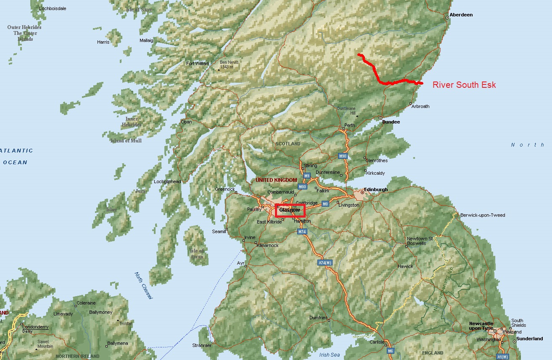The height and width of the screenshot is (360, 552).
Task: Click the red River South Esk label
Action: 464,85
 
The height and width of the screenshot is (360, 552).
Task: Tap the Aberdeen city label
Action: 461,15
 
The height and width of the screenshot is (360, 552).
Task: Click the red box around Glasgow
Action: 290,210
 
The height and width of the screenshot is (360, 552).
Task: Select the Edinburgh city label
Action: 376,190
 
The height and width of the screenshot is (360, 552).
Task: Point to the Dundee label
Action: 391,122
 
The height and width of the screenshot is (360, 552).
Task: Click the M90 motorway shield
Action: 343,156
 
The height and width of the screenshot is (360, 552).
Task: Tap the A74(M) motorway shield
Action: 325,263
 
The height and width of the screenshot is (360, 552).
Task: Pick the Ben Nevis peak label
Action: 229,65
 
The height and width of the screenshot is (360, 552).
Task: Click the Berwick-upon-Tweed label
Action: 483,215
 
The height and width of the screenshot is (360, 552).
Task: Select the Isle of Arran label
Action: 197,254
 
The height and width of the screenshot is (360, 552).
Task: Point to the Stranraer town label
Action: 202,345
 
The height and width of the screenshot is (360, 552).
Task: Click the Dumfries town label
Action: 318,318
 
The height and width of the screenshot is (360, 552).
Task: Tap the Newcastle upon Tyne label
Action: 481,326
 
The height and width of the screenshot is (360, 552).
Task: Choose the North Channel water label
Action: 143,286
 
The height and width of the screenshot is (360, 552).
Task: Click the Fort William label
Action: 197,64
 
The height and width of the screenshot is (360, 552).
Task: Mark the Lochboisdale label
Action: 52,8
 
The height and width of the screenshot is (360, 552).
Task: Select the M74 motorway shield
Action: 302,231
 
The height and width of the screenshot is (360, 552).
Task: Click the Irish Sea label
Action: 329,355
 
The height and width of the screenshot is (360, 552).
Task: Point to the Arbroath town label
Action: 420,106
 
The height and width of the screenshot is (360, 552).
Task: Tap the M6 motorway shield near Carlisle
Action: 391,351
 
